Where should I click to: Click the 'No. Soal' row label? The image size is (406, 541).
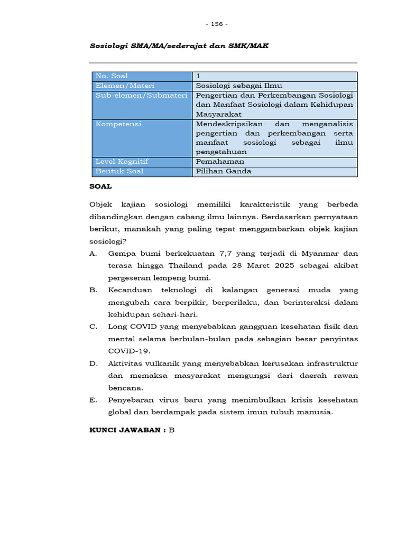tap(112, 76)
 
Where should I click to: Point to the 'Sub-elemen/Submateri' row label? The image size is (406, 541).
tap(134, 95)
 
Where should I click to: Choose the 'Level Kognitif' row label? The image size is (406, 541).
tap(122, 162)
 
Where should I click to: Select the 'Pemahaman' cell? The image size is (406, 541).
tap(220, 162)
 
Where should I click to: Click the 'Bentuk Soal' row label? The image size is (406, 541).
tap(119, 171)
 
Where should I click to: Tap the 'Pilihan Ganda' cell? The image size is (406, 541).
tap(224, 171)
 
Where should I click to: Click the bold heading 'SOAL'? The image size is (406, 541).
tap(101, 186)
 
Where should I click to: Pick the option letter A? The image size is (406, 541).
tap(93, 253)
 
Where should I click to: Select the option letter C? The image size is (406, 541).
tap(93, 327)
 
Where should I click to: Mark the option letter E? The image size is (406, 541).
tap(93, 400)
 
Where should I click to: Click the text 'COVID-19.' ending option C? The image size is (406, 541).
tap(129, 351)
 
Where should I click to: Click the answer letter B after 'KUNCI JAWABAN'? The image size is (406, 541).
tap(171, 431)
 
